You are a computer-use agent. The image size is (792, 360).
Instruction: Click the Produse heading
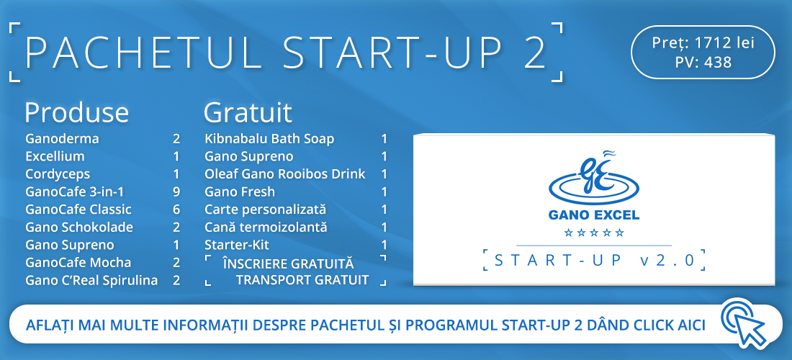[77, 113]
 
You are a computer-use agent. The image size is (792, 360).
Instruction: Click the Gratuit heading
[248, 113]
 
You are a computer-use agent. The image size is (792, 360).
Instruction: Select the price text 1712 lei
[724, 43]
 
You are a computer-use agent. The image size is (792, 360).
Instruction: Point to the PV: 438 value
[703, 62]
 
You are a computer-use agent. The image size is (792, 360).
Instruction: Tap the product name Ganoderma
[62, 138]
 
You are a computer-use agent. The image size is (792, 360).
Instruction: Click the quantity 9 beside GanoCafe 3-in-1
[176, 192]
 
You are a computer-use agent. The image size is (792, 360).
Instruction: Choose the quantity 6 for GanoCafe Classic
[176, 210]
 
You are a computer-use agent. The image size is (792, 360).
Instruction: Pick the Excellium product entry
[55, 156]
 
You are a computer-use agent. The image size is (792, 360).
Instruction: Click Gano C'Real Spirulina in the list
[91, 280]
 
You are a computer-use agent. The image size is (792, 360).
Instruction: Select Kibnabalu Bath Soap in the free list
[269, 138]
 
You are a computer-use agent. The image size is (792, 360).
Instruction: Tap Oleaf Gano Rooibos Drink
[285, 174]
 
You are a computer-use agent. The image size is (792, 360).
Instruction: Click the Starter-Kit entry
[237, 245]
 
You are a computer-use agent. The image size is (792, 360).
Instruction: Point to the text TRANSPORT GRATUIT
[302, 280]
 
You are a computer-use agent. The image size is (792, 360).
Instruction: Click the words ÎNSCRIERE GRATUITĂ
[289, 264]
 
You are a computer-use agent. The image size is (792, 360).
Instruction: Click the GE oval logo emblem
[593, 180]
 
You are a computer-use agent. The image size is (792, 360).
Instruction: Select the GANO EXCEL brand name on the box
[594, 215]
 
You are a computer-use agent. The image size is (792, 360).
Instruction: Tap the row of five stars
[594, 233]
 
